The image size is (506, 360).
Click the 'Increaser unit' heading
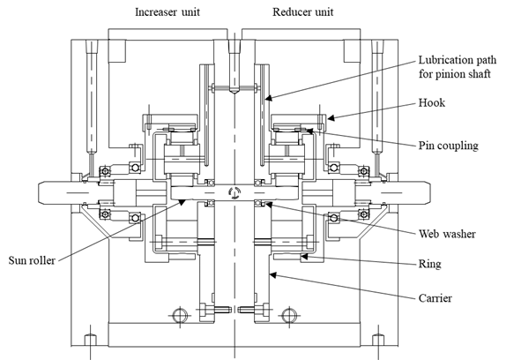pos(167,12)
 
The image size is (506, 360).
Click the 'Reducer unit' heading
pos(302,12)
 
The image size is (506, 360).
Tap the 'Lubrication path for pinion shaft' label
pos(458,67)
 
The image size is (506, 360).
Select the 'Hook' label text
pos(432,102)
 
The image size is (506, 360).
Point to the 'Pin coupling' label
pos(448,146)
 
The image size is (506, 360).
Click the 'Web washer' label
pos(447,234)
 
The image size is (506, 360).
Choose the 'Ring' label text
pos(429,264)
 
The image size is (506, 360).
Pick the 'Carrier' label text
pos(435,298)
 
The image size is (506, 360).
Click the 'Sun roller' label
pos(32,260)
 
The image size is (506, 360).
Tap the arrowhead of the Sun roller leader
pos(182,202)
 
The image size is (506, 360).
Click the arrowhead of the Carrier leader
pos(273,275)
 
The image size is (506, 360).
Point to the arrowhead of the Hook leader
pos(331,118)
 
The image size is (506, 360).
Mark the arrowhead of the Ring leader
pos(304,257)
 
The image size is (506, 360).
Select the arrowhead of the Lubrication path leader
pos(269,98)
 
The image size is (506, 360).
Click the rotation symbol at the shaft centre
pos(234,192)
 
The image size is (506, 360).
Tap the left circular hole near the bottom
pos(180,315)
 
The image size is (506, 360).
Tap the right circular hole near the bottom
pos(289,315)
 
